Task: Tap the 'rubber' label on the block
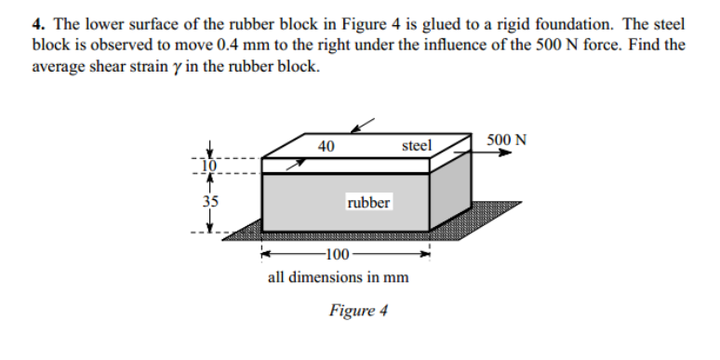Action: (x=368, y=202)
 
